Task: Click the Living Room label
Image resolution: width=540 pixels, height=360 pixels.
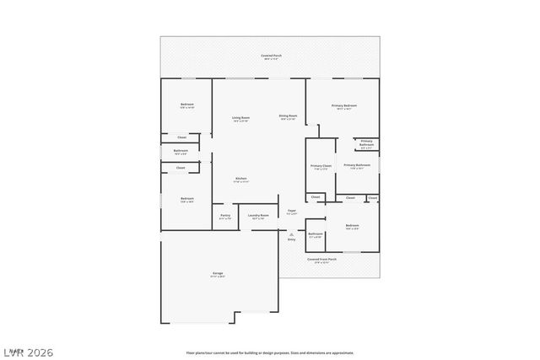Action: coord(240,118)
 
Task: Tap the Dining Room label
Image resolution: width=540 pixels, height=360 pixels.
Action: coord(288,116)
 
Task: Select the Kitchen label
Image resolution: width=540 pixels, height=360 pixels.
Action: coord(240,179)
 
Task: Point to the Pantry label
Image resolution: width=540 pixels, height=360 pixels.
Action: coord(225,216)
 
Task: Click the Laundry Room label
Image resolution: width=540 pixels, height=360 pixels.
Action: coord(258,216)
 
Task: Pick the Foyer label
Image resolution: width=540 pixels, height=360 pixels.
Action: coord(291,211)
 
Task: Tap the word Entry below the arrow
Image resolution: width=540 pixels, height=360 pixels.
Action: coord(291,240)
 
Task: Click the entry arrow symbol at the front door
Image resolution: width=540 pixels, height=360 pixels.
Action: coord(291,234)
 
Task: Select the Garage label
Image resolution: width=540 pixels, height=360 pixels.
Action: coord(217,275)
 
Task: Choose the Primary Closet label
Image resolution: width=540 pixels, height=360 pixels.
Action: coord(320,166)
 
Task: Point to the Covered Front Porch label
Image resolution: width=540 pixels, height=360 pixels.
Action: coord(321,259)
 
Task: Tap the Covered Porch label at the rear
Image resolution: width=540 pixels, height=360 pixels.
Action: coord(272,56)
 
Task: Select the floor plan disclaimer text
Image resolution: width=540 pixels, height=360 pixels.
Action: coord(270,353)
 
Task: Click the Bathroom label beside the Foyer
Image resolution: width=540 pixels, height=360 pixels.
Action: coord(316,234)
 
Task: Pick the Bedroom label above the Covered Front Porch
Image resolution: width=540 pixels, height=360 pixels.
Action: coord(352,225)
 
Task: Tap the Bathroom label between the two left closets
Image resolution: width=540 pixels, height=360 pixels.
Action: coord(181,151)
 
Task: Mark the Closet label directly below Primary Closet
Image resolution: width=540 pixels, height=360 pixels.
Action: coord(316,197)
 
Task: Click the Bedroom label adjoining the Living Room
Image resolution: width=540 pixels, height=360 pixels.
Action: coord(186,105)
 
